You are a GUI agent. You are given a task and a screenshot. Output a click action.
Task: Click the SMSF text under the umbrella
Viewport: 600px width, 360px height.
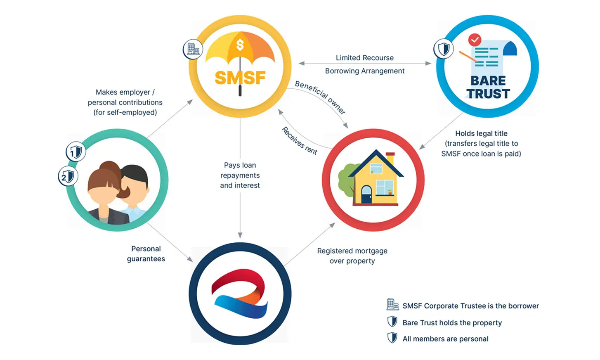click(240, 78)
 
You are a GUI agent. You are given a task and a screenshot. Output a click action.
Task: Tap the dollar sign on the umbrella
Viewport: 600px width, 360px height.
click(240, 45)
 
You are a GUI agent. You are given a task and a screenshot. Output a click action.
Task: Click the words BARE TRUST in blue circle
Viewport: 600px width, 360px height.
click(488, 87)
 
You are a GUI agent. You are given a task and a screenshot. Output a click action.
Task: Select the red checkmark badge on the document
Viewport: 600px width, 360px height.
click(475, 40)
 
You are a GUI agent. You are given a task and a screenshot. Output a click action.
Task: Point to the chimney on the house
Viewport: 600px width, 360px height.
click(390, 158)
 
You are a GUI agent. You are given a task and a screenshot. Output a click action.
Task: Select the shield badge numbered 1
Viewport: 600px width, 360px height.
click(75, 152)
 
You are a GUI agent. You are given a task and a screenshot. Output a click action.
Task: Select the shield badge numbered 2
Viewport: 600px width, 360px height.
click(67, 177)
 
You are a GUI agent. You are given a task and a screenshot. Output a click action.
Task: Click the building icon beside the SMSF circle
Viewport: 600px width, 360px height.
click(193, 49)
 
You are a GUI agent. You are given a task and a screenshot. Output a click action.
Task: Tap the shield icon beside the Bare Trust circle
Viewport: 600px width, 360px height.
click(444, 49)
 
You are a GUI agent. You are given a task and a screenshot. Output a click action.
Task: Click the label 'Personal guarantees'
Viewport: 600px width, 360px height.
click(146, 253)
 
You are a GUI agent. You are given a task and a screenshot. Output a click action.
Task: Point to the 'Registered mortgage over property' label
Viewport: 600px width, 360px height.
click(352, 256)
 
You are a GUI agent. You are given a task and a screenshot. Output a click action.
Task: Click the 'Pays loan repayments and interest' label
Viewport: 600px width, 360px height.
click(240, 175)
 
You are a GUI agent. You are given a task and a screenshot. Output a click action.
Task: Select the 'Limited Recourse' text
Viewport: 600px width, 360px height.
click(364, 58)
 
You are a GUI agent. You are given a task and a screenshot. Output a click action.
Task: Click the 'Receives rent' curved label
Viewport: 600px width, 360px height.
click(300, 141)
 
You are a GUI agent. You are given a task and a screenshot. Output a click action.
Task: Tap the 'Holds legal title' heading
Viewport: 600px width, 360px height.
click(481, 133)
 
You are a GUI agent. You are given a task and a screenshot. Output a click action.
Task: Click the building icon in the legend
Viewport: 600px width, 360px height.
click(392, 305)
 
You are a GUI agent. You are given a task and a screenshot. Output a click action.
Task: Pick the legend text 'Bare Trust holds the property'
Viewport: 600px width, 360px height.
click(452, 322)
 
